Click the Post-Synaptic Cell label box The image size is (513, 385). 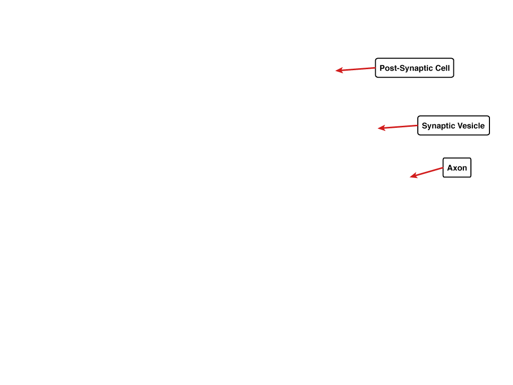[x=414, y=68]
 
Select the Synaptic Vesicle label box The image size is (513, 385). [x=453, y=125]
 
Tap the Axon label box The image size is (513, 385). [x=457, y=167]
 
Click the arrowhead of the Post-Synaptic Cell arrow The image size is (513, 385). [x=339, y=70]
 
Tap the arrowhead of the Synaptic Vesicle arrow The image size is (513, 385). [x=381, y=128]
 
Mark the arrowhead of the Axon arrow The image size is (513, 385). [x=413, y=175]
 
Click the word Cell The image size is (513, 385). [x=443, y=68]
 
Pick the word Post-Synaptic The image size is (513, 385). [x=406, y=68]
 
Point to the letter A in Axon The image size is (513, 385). [x=450, y=168]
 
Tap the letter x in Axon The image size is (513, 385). [x=455, y=168]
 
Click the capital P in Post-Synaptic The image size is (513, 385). [x=382, y=68]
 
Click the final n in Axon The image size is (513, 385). [x=465, y=168]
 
